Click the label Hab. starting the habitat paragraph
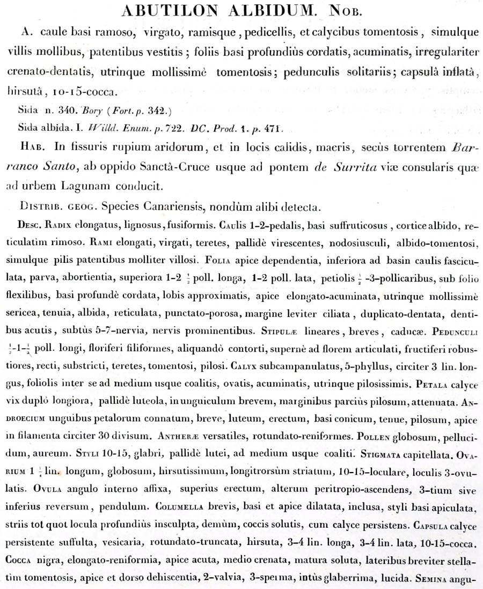(x=32, y=148)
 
